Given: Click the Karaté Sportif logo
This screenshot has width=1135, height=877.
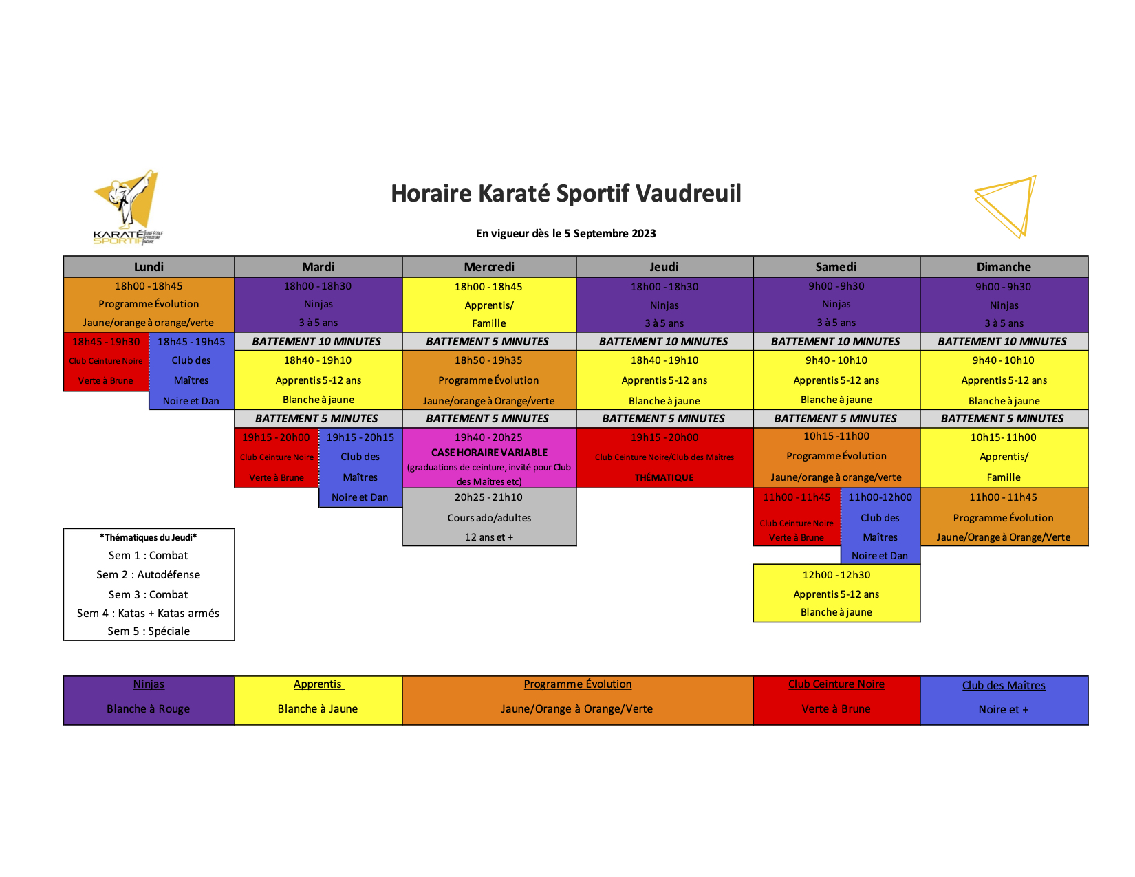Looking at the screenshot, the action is tap(127, 207).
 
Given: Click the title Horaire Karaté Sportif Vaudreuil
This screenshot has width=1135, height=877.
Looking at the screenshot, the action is tap(565, 193).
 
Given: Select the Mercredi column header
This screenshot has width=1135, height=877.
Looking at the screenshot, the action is tap(489, 266).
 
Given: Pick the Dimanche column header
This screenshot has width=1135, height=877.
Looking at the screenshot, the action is tap(1004, 266).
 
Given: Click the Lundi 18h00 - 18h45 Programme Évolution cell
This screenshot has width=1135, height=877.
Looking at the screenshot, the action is tap(149, 304).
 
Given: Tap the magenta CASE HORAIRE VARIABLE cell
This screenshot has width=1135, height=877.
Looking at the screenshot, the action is tap(489, 458).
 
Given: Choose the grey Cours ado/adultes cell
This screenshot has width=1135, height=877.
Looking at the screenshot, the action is tap(489, 517).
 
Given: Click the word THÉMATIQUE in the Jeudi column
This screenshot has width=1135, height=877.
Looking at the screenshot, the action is tap(664, 477).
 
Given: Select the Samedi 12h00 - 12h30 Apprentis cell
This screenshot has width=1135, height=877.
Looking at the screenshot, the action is tap(836, 594).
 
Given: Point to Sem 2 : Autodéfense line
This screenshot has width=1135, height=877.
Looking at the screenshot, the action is tap(149, 574).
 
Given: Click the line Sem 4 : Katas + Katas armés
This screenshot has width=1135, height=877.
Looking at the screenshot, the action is tap(149, 614).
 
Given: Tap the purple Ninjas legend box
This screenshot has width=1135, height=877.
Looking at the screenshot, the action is tap(149, 700).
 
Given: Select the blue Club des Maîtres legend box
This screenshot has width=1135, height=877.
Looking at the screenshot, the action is tap(1004, 700).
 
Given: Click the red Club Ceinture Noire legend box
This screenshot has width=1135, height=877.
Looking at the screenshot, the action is tap(836, 700).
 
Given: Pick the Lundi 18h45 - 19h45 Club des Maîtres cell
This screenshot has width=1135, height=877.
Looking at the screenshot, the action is tap(191, 371).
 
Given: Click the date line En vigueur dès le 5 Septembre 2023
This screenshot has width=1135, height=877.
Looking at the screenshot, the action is tap(565, 233).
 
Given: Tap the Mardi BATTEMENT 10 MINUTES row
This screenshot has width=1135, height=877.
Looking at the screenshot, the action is tap(318, 342).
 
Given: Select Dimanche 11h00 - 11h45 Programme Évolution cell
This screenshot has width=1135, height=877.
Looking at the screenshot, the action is tap(1004, 517).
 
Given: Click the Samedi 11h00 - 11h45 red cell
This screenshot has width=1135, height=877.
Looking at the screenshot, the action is tap(797, 517).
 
